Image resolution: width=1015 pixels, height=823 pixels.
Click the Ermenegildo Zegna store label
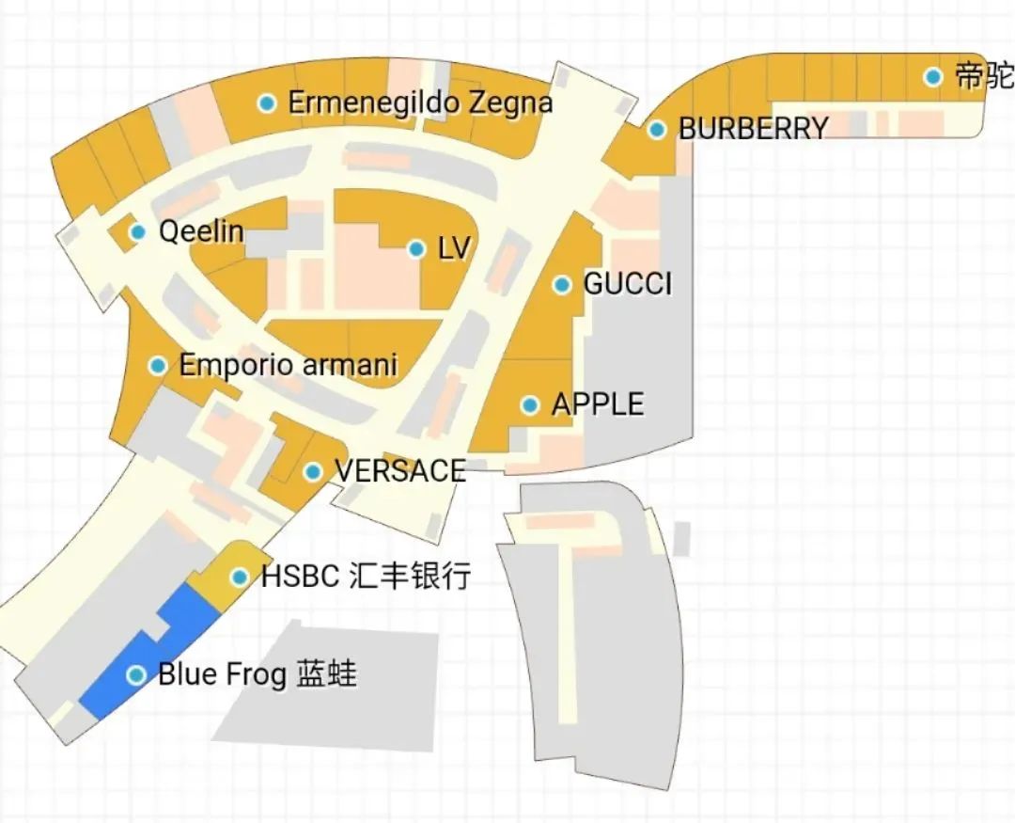[420, 103]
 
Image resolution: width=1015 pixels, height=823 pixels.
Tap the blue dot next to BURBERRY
[657, 129]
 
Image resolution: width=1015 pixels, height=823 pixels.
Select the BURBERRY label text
[754, 129]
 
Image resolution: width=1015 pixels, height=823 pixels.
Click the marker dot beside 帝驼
[932, 76]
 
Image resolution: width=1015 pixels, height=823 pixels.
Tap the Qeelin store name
[201, 231]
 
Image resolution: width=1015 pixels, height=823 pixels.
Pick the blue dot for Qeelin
[138, 231]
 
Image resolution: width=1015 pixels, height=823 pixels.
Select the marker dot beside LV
[415, 249]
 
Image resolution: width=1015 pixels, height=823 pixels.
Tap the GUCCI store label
[628, 284]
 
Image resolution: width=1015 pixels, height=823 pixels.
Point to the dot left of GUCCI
[562, 284]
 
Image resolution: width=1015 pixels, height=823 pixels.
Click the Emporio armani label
[289, 365]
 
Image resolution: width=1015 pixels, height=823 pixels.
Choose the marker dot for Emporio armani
[158, 365]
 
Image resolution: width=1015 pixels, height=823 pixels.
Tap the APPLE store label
[598, 404]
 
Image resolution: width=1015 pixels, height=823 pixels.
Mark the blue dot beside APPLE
[530, 405]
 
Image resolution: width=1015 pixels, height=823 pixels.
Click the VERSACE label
[400, 471]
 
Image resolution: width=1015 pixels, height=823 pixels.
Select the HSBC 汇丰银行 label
[366, 577]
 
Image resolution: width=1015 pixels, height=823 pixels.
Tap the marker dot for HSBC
[240, 577]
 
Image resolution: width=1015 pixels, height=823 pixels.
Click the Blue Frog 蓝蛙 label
[258, 674]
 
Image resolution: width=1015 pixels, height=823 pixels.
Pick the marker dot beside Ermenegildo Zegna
[267, 103]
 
